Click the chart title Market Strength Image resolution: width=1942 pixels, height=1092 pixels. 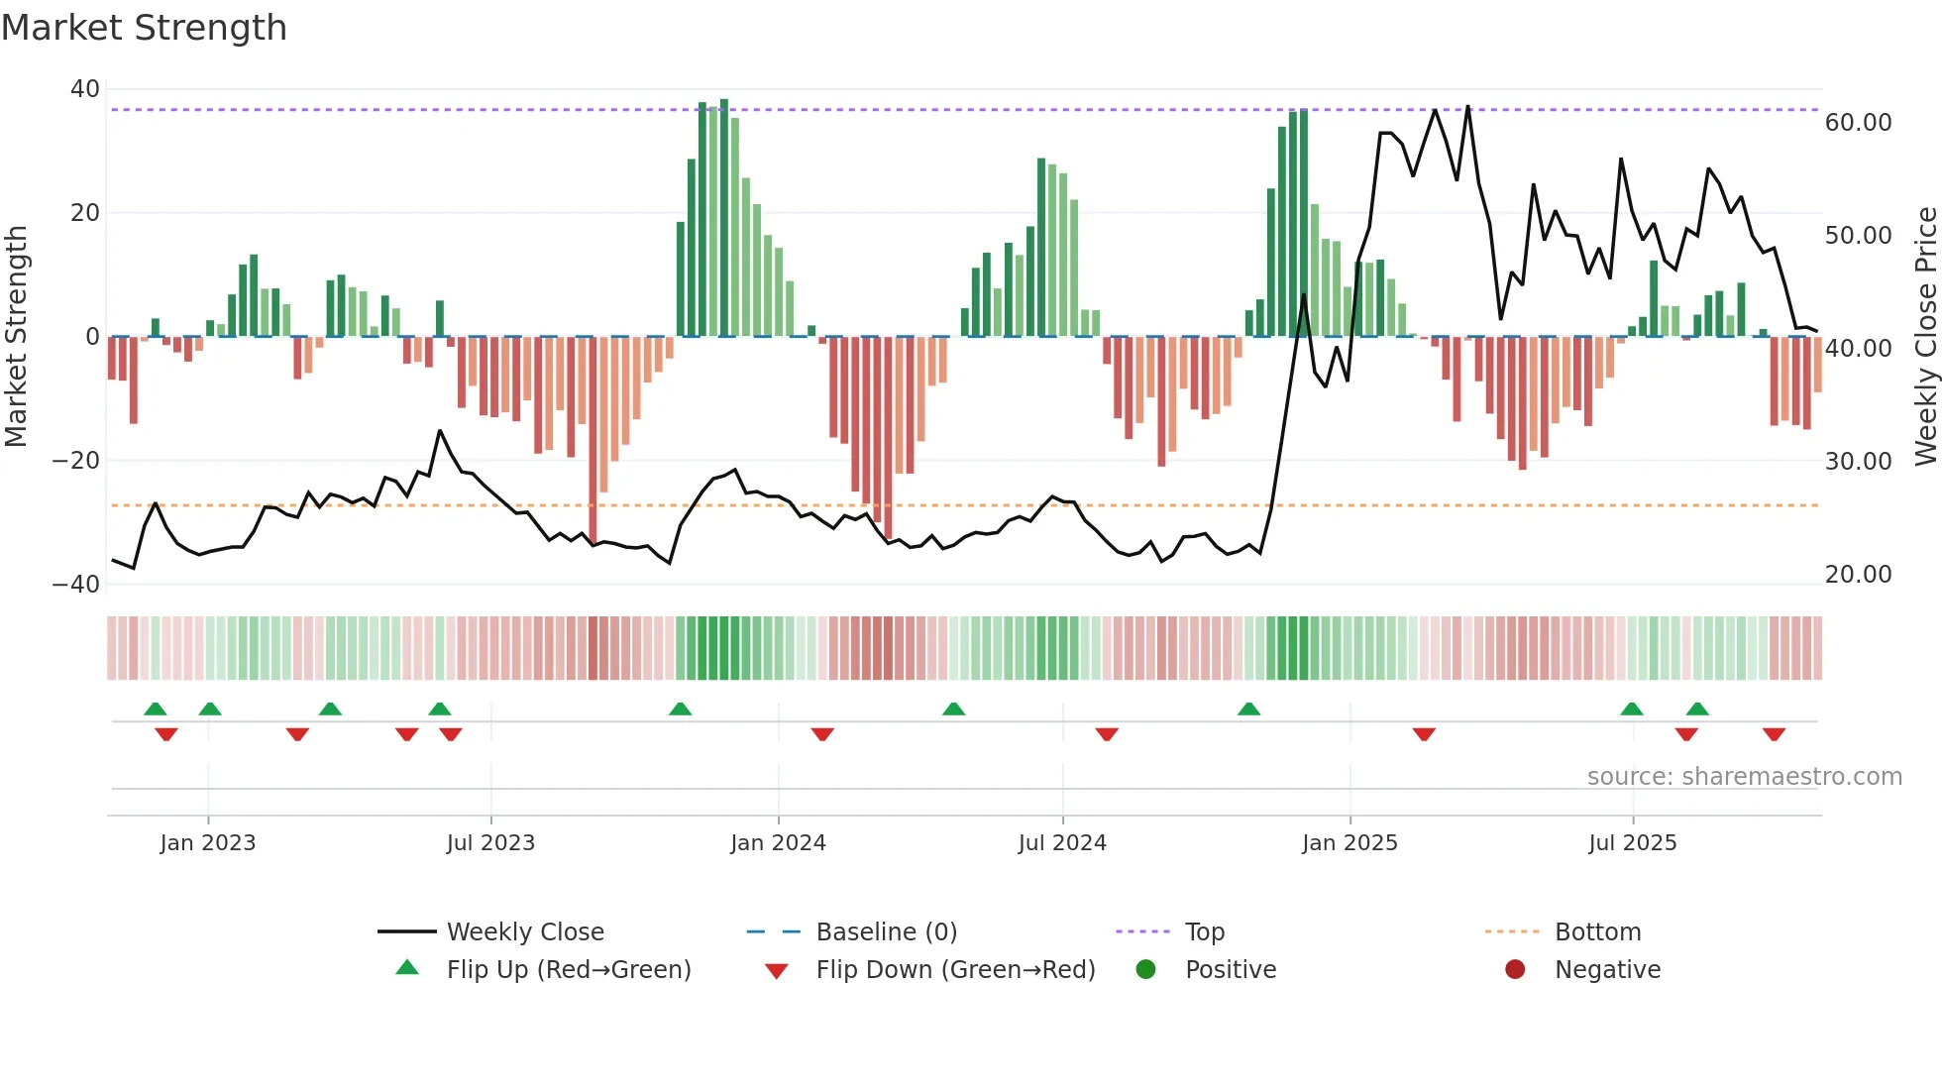[x=144, y=28]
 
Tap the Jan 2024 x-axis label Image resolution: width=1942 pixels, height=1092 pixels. [x=778, y=843]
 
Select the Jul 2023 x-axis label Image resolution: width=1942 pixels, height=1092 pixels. [x=490, y=843]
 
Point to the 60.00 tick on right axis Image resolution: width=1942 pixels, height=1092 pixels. [x=1858, y=123]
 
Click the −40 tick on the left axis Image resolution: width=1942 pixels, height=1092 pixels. [x=76, y=585]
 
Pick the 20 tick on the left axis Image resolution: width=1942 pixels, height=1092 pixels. [x=85, y=213]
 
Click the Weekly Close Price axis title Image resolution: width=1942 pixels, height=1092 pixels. [x=1925, y=336]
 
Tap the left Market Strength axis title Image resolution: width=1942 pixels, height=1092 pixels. [x=16, y=336]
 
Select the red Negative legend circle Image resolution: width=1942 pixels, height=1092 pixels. [x=1515, y=970]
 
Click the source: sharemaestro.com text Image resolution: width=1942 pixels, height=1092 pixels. [x=1744, y=777]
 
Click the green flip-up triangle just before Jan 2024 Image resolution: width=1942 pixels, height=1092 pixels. [x=680, y=710]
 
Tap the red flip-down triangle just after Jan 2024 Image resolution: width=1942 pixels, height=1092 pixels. [x=822, y=734]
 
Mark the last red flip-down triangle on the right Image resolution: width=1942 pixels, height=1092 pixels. [x=1774, y=734]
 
